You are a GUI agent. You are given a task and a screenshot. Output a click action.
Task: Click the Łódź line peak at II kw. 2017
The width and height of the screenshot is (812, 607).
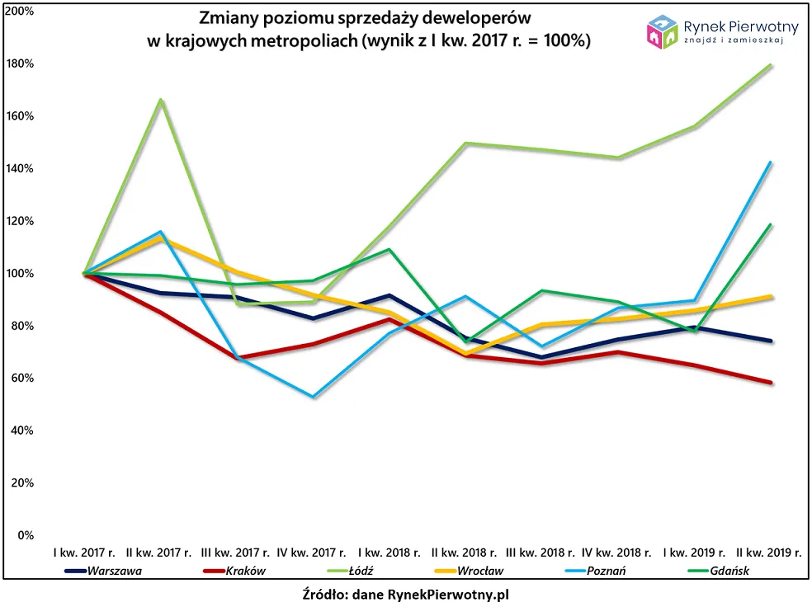[x=160, y=100]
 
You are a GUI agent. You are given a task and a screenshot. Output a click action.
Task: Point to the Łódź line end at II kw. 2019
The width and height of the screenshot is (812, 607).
[x=771, y=65]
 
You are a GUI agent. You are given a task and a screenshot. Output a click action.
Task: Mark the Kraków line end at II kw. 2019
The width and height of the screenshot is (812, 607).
[x=771, y=383]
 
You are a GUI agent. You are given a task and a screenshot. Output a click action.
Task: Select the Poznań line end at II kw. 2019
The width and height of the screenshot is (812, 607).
[x=771, y=162]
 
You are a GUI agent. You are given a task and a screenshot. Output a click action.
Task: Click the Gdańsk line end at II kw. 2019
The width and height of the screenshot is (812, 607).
[x=771, y=224]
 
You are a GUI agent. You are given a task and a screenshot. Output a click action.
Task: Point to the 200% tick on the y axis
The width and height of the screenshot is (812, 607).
[x=19, y=12]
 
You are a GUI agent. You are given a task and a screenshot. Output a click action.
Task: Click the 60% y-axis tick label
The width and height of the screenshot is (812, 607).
[x=21, y=379]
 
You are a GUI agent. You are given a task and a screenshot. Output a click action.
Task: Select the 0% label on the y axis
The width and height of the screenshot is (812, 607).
[x=25, y=535]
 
